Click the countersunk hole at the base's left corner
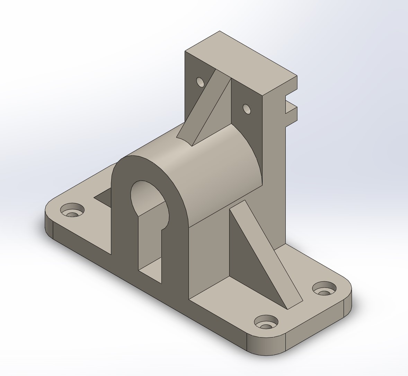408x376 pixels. click(x=72, y=210)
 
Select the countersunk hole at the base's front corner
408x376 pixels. click(x=266, y=322)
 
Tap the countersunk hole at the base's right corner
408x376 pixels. click(x=325, y=289)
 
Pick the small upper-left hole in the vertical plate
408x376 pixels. click(x=200, y=82)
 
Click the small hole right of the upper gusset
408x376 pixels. click(x=247, y=109)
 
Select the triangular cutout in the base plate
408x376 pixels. click(x=104, y=198)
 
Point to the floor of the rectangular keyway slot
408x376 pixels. click(x=150, y=268)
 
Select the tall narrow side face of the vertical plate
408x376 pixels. click(x=274, y=173)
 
